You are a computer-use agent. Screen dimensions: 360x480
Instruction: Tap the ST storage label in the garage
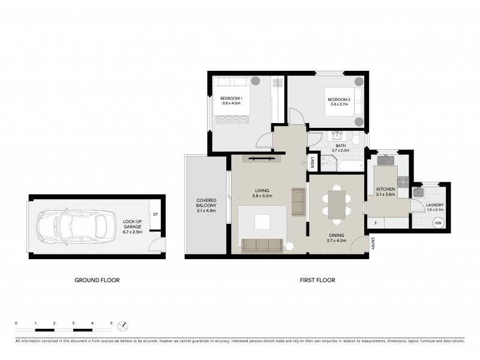coord(155,214)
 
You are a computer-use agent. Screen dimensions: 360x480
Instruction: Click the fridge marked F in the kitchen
coord(375,223)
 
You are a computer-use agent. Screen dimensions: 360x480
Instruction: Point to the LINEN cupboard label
coord(313,163)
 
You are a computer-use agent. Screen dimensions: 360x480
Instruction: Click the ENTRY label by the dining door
coord(373,244)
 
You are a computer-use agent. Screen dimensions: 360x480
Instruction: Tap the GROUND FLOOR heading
coord(97,280)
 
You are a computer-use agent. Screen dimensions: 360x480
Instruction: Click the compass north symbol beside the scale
coord(124,326)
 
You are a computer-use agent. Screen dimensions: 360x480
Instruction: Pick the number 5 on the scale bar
coord(111,323)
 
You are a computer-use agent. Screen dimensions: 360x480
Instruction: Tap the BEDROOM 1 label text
coord(231,98)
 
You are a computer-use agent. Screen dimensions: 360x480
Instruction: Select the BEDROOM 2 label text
coord(338,100)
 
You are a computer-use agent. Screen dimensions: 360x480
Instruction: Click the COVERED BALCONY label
coord(206,203)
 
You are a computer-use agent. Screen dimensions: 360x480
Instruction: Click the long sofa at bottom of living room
coord(263,245)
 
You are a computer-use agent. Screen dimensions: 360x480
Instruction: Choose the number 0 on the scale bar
coord(16,323)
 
